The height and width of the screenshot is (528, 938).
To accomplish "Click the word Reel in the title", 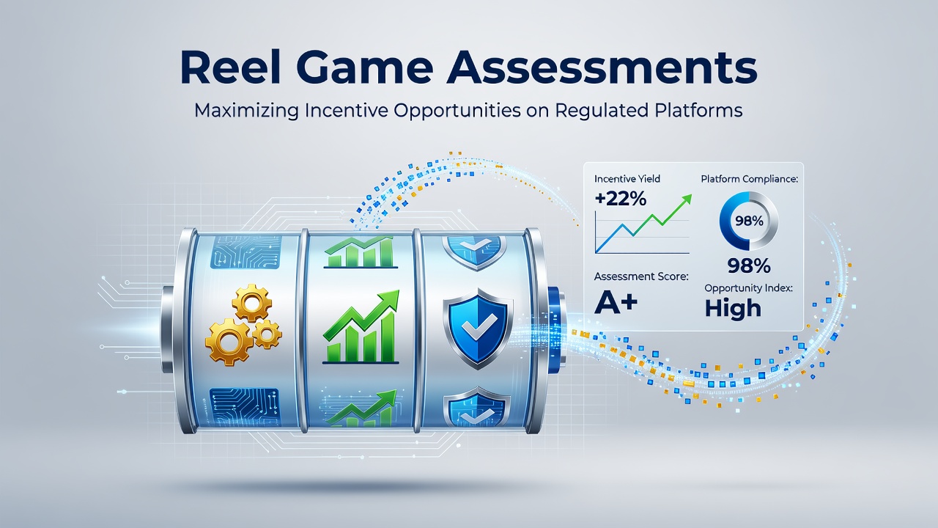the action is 230,67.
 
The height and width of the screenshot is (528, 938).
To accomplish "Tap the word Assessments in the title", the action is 602,67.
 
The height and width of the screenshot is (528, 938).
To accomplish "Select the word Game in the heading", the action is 365,67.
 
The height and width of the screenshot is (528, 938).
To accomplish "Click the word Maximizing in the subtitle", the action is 246,111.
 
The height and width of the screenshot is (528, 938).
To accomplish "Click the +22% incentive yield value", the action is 620,199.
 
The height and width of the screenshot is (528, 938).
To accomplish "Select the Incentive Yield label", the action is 627,179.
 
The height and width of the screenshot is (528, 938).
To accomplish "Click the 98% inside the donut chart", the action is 749,221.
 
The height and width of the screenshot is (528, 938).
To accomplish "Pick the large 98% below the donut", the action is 749,265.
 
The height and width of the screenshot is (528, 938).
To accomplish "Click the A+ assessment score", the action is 616,303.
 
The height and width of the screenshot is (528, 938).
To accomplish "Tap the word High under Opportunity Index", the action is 733,309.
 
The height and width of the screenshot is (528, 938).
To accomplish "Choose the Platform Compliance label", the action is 749,179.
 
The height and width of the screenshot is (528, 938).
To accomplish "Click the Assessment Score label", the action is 641,276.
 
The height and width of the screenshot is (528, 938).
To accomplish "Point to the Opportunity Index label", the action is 748,288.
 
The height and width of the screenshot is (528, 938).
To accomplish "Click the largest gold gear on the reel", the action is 229,342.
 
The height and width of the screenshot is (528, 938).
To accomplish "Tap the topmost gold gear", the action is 251,303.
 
